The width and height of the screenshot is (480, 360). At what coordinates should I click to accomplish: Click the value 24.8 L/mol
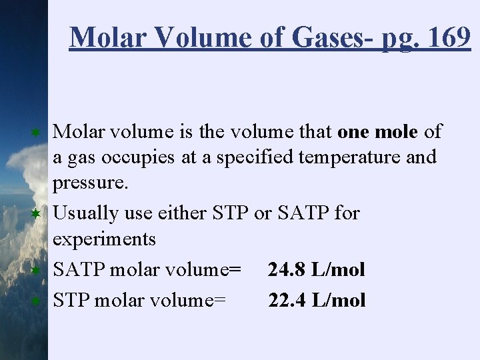pyautogui.click(x=317, y=269)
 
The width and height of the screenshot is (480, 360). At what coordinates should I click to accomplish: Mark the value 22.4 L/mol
pyautogui.click(x=317, y=300)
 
